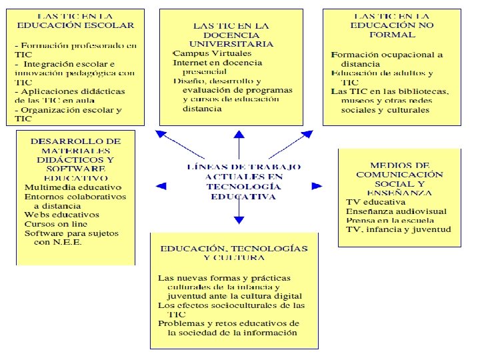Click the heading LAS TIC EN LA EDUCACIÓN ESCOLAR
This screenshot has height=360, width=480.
pos(75,20)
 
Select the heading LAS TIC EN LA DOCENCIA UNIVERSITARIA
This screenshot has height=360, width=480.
pos(231,34)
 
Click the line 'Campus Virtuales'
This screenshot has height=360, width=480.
pos(204,53)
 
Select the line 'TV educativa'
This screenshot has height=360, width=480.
pos(375,201)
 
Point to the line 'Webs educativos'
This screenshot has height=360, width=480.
pos(62,215)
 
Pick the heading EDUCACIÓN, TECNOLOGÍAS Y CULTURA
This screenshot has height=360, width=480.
pos(234,253)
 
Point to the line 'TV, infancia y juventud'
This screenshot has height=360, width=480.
pos(398,229)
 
